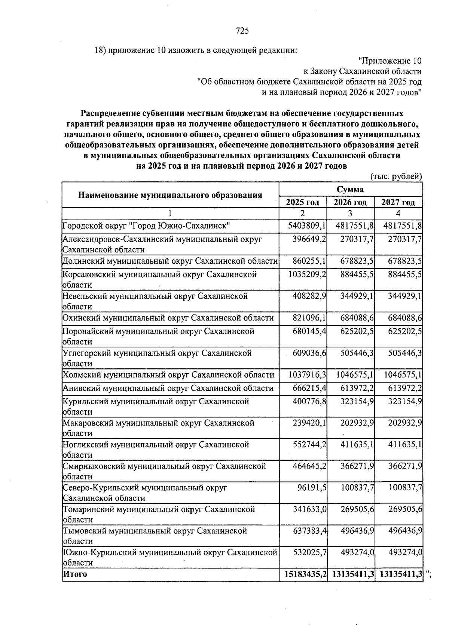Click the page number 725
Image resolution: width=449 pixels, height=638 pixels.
(x=242, y=31)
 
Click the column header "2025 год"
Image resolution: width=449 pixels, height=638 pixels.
(x=302, y=203)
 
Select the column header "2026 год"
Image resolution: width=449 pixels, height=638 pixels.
(x=350, y=203)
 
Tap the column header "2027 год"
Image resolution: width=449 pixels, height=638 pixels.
(x=398, y=203)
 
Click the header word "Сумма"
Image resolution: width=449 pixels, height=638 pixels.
(x=350, y=190)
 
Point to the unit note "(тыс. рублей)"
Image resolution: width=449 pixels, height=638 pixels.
(x=396, y=177)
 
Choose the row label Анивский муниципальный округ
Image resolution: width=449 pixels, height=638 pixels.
(x=168, y=388)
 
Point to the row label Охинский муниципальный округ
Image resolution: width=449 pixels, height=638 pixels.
(x=168, y=318)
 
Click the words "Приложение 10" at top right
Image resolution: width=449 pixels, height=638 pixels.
(x=390, y=61)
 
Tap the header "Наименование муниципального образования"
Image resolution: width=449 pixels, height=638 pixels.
(x=170, y=195)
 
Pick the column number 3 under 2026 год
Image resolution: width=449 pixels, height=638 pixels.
(x=350, y=214)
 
